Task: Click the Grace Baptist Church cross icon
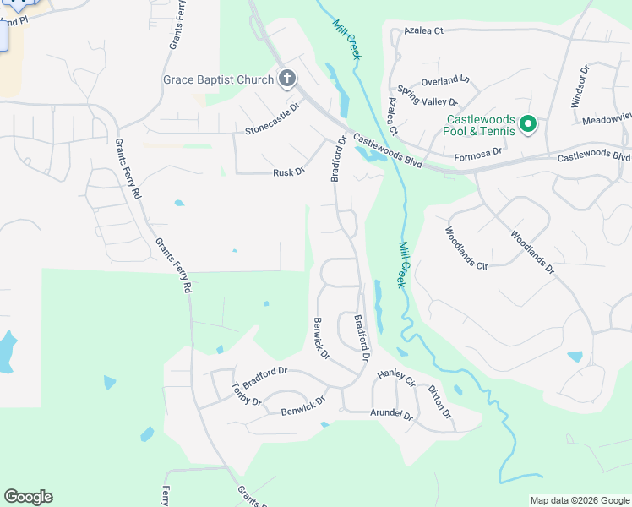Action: click(287, 79)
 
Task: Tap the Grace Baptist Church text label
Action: click(218, 80)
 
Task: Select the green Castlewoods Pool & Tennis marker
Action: click(528, 125)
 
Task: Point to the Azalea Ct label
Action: click(423, 30)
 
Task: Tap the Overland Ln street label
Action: click(445, 80)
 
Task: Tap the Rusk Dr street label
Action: click(288, 172)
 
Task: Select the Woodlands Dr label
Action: click(531, 252)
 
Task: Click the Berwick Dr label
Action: click(320, 337)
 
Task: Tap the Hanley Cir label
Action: click(397, 377)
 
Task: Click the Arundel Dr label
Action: click(391, 415)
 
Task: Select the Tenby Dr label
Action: click(246, 395)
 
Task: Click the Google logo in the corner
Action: click(28, 497)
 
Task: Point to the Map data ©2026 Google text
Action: click(579, 500)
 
